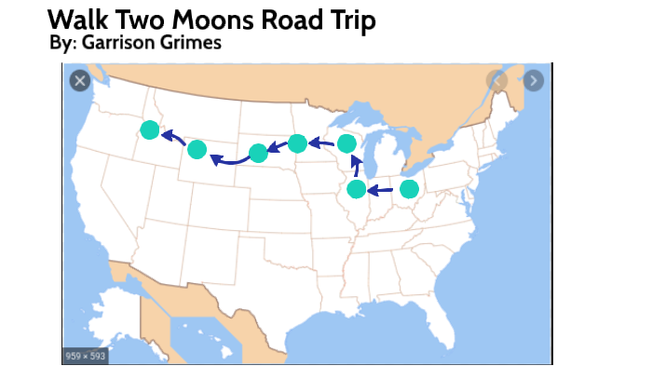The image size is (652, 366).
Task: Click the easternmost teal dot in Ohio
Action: click(409, 189)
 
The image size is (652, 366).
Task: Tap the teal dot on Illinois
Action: click(356, 189)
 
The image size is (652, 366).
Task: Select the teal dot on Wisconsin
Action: click(346, 143)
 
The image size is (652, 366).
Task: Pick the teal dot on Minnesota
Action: click(297, 142)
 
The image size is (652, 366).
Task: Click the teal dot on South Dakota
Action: click(259, 153)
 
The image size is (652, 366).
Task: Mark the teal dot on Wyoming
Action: click(197, 149)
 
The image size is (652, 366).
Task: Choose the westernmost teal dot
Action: click(149, 130)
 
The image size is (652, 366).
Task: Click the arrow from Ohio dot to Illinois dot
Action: click(380, 191)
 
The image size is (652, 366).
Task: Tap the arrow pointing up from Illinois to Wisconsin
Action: click(355, 168)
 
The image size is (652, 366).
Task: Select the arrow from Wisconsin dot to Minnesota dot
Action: click(321, 143)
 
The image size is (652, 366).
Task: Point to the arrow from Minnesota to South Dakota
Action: click(278, 147)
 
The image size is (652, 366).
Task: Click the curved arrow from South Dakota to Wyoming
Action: click(228, 162)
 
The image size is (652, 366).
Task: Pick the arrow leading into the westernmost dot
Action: click(172, 139)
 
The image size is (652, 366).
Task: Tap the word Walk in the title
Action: click(77, 19)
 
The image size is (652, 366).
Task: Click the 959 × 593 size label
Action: click(86, 356)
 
